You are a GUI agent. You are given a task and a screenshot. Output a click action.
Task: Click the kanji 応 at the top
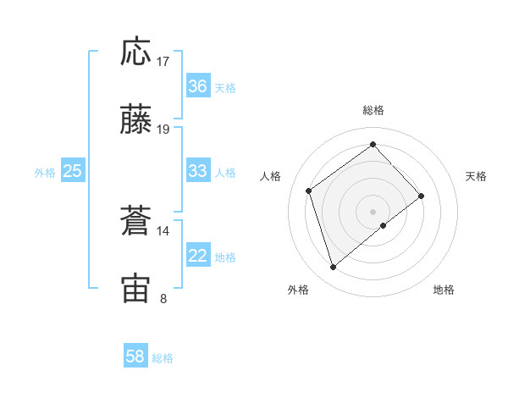click(136, 53)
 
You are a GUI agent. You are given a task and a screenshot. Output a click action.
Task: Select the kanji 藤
click(136, 121)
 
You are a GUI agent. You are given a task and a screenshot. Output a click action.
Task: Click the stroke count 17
click(163, 62)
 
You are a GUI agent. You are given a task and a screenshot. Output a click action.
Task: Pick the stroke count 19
click(163, 130)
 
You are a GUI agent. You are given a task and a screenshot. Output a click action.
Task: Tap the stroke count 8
click(163, 298)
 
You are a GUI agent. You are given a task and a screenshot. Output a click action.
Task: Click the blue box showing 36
click(197, 86)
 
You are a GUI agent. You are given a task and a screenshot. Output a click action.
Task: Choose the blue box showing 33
click(197, 171)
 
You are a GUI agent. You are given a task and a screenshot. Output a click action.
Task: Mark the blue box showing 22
click(197, 257)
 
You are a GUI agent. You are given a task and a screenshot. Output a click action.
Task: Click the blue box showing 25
click(73, 171)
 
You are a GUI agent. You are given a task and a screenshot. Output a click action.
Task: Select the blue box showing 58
click(135, 357)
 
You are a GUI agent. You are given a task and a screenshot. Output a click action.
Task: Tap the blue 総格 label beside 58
click(163, 358)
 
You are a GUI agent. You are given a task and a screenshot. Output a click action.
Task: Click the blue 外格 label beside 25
click(45, 173)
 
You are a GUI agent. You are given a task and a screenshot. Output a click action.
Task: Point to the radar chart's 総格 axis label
click(373, 110)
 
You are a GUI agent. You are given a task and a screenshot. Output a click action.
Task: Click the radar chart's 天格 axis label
click(477, 176)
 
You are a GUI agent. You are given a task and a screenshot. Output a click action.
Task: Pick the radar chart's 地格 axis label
click(444, 290)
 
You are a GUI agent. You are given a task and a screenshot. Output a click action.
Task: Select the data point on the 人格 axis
click(309, 191)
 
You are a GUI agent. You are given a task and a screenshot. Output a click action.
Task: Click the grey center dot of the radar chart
click(373, 210)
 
